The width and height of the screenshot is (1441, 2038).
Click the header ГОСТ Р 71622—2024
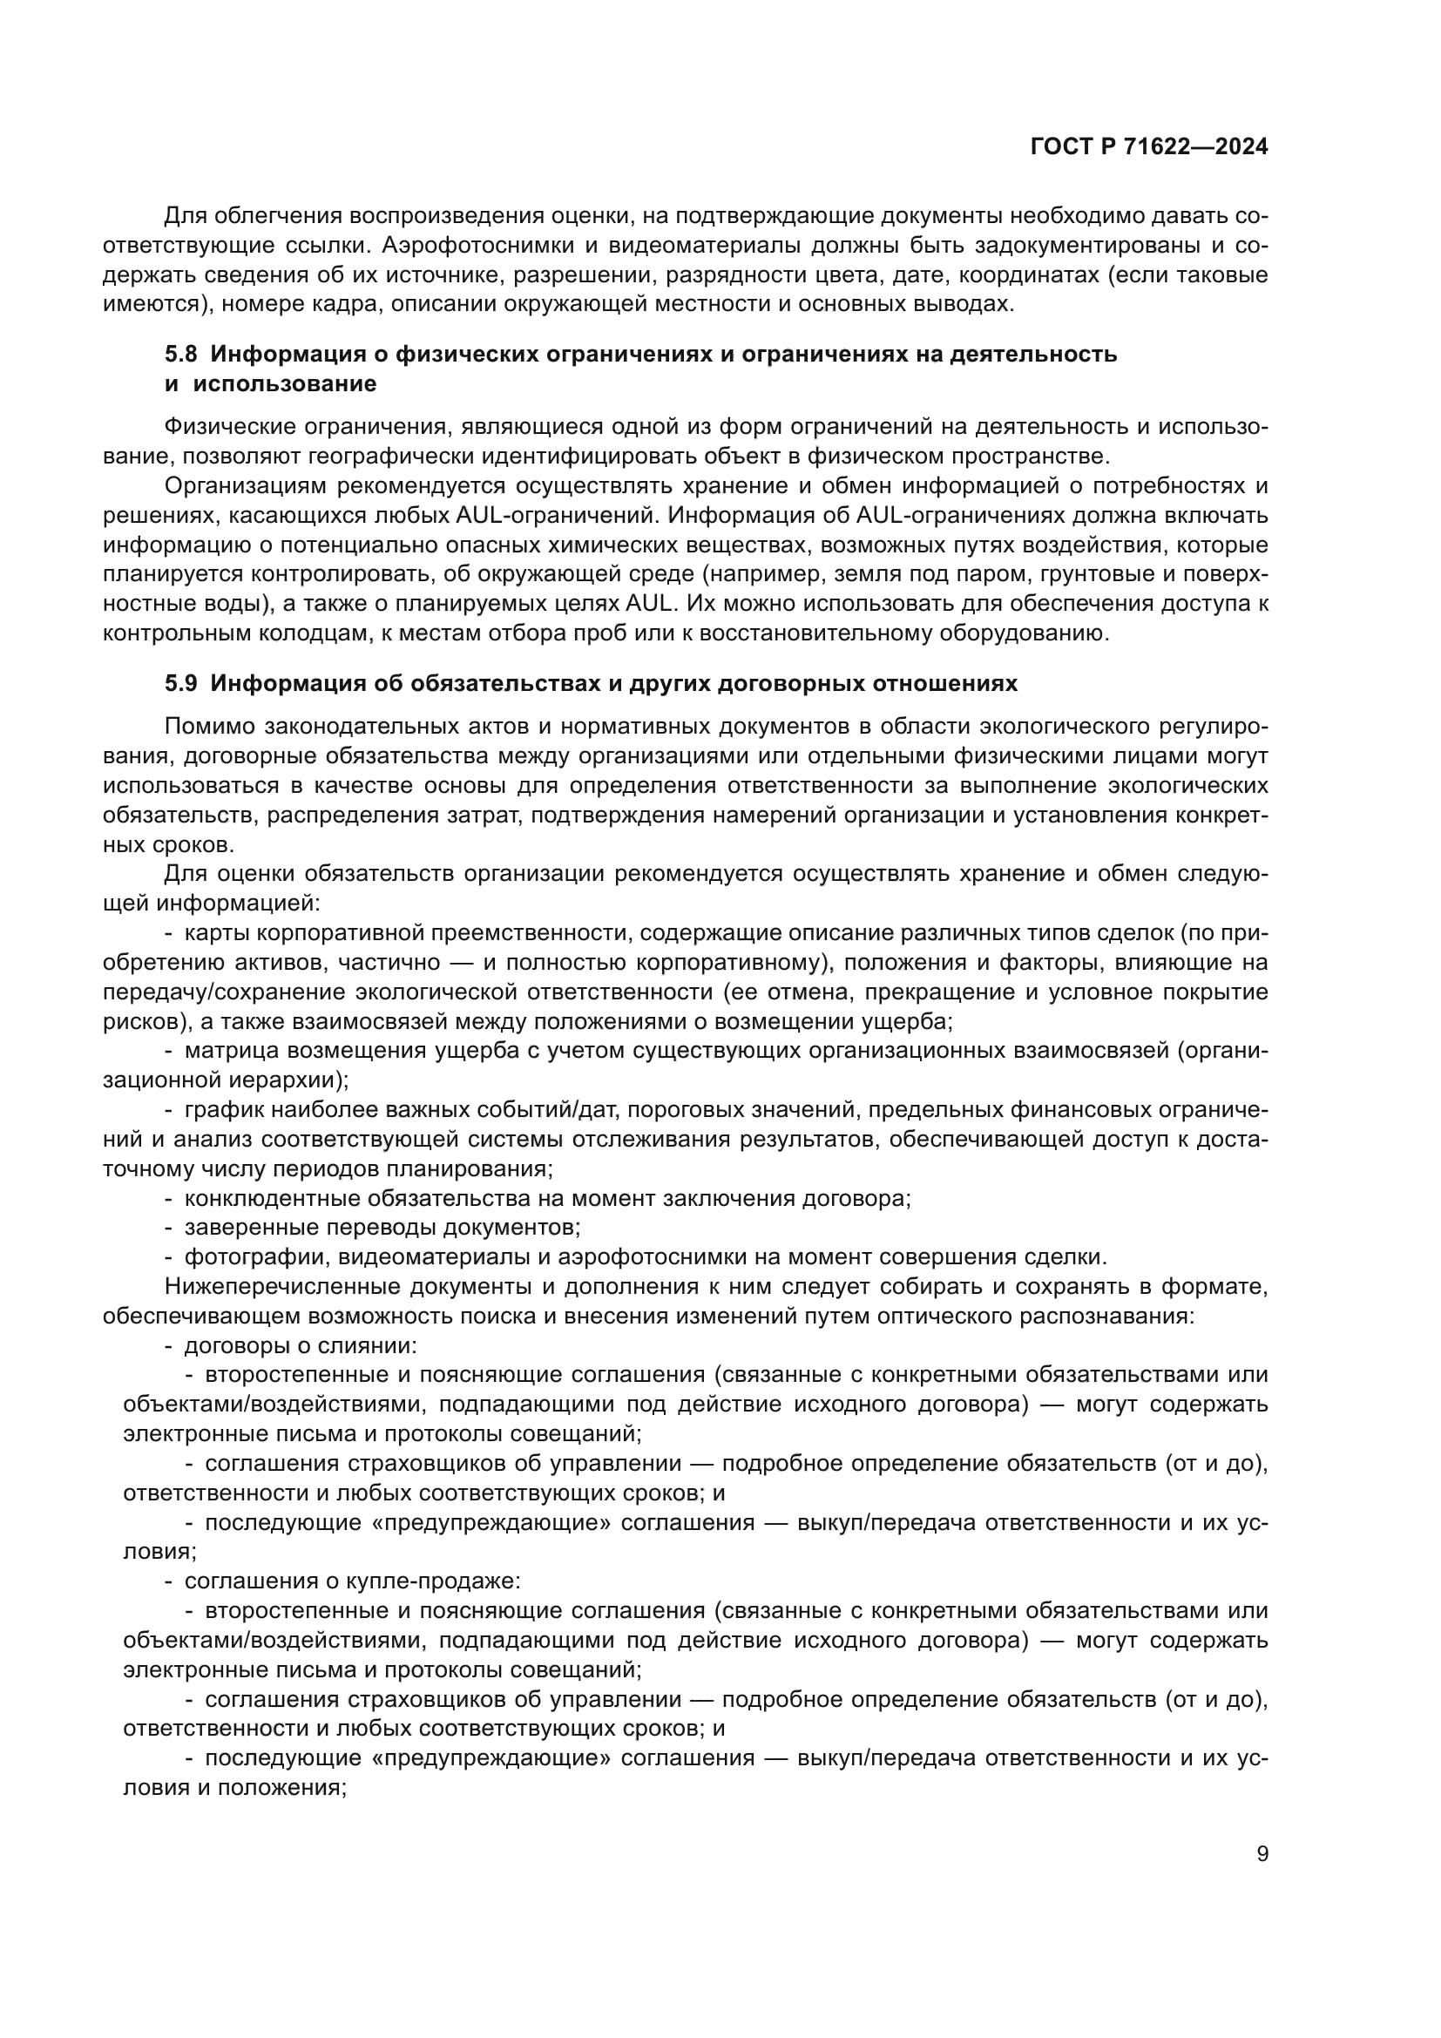coord(1149,147)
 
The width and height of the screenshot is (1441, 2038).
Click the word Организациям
coord(246,486)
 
